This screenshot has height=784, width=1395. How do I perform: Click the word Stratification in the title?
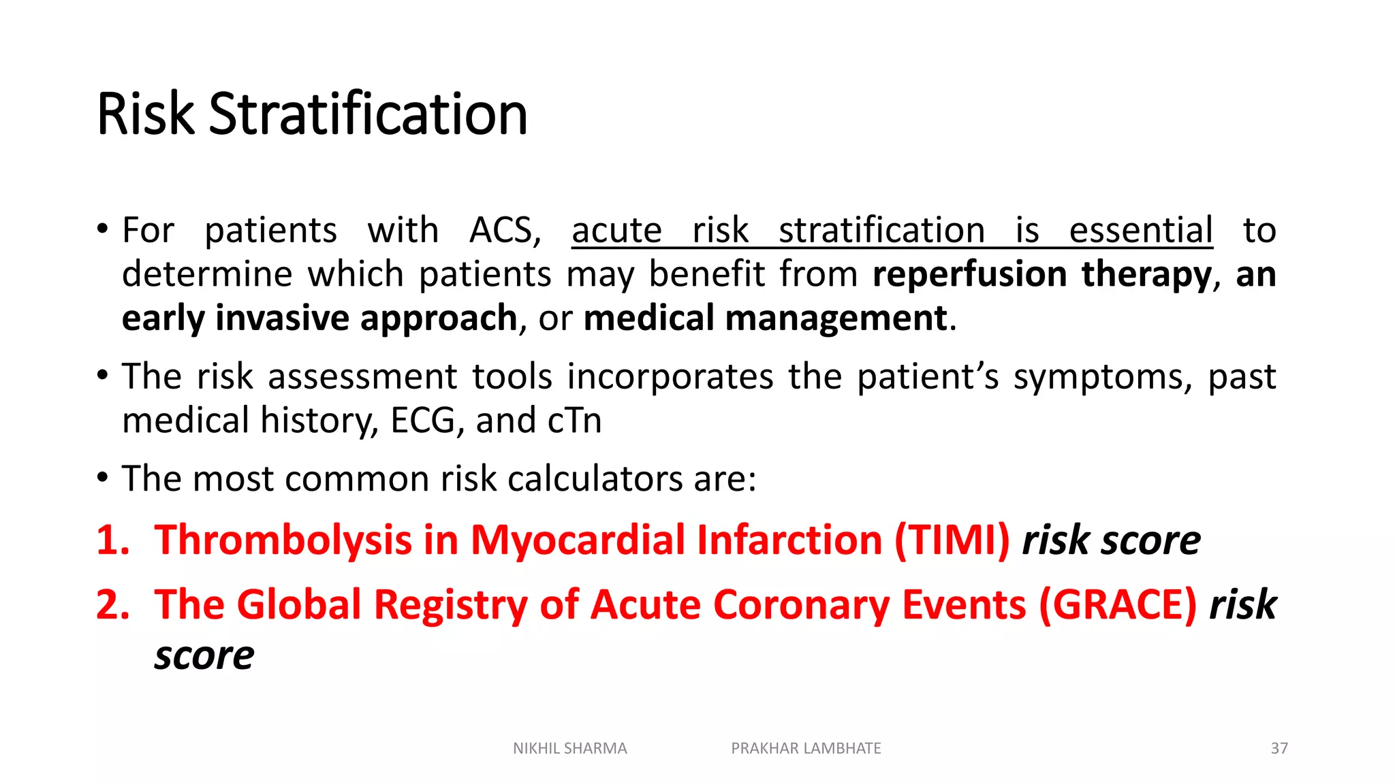tap(368, 114)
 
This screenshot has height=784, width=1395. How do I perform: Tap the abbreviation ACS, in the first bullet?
tap(505, 230)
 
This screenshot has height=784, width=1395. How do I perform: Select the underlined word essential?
tap(1141, 230)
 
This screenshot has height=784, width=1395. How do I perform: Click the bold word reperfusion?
tap(969, 274)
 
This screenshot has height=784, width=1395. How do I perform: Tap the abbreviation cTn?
tap(574, 420)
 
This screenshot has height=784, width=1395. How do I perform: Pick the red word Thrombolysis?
tap(283, 540)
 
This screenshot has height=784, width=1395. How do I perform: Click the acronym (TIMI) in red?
tap(952, 540)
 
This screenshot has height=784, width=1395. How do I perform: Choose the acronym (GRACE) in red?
tap(1117, 604)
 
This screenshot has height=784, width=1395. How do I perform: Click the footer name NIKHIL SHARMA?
tap(569, 749)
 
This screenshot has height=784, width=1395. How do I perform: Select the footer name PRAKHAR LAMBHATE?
tap(806, 749)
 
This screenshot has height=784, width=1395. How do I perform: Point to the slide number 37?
tap(1279, 749)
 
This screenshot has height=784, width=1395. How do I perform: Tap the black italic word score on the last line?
tap(204, 655)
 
